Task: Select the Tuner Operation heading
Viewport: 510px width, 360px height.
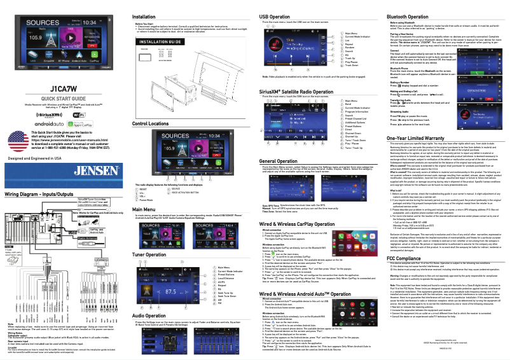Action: point(152,254)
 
